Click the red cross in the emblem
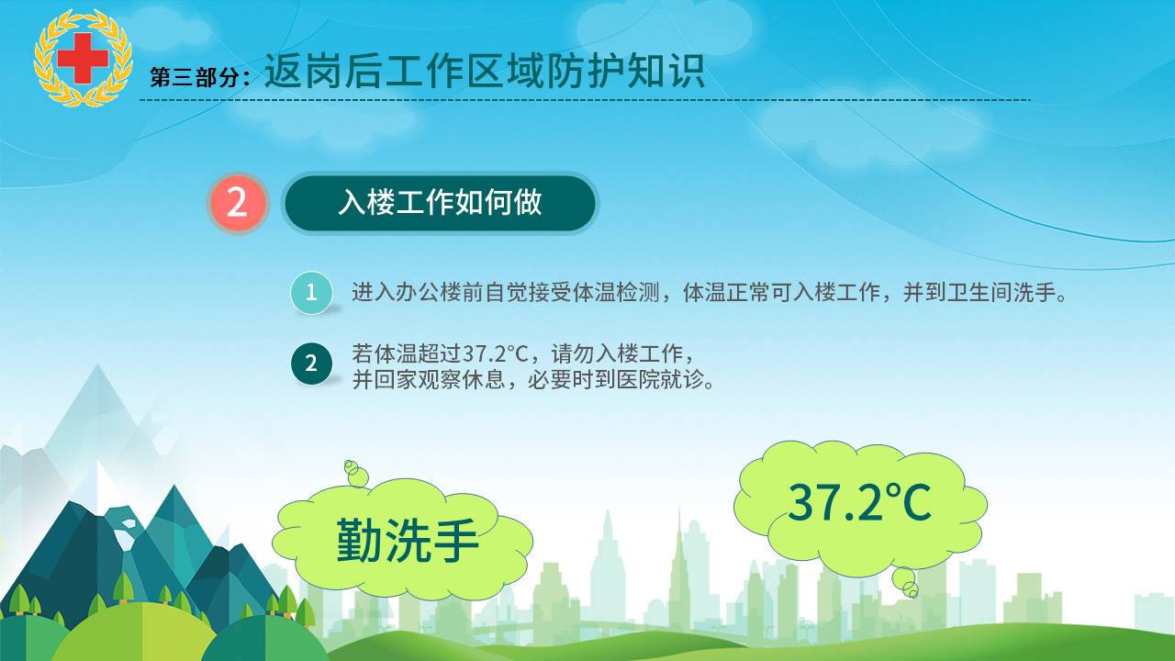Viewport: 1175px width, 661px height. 83,58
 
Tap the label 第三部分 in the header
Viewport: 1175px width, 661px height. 195,77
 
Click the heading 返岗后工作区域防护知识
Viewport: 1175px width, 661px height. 484,71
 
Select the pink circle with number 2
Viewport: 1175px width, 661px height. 238,203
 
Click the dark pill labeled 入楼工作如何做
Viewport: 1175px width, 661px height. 440,203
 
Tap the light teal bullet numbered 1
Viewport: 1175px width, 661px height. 311,292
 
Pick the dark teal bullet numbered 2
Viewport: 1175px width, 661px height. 311,363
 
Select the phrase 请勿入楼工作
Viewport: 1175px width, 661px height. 618,353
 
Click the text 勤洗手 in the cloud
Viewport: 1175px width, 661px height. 407,541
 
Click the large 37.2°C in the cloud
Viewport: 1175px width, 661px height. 860,502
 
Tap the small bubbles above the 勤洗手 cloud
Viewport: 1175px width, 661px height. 356,473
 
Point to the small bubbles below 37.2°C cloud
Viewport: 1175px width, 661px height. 906,583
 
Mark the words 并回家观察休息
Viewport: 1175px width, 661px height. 429,379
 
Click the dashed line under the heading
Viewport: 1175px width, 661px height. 585,100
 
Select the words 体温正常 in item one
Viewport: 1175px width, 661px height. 726,292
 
